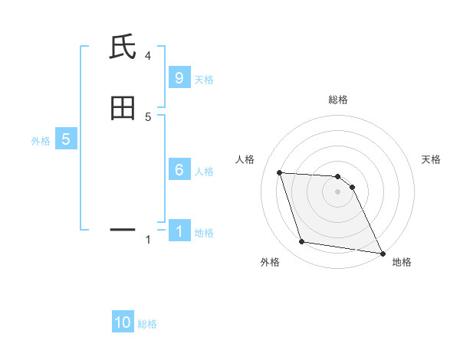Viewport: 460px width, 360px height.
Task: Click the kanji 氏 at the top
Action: pos(123,48)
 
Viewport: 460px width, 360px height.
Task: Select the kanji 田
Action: pos(123,108)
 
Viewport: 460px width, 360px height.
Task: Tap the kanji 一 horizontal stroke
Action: pos(123,228)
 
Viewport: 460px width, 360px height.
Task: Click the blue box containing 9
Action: pos(179,78)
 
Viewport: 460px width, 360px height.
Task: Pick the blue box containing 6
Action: pos(179,170)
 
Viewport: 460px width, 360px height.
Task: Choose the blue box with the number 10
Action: pos(123,322)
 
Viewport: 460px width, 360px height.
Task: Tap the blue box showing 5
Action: pos(66,139)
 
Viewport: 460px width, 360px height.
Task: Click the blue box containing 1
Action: pos(179,231)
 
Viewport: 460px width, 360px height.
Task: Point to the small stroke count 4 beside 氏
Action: pos(148,55)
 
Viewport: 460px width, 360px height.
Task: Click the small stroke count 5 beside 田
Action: pos(148,116)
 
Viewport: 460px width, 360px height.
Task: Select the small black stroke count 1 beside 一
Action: pos(148,240)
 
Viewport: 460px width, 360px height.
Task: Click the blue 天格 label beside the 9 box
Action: pos(204,80)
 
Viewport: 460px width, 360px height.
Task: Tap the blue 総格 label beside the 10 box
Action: pos(147,324)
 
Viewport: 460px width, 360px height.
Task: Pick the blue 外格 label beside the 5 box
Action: pos(41,141)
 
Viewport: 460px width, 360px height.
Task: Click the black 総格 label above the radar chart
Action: pos(338,100)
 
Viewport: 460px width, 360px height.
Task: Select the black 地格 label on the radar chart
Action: pos(402,262)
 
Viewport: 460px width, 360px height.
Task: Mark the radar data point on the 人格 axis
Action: pos(280,172)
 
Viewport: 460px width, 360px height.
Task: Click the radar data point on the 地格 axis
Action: pos(382,253)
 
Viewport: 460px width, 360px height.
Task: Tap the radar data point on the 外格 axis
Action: pos(302,242)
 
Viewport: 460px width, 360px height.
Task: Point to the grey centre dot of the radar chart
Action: pos(338,192)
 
